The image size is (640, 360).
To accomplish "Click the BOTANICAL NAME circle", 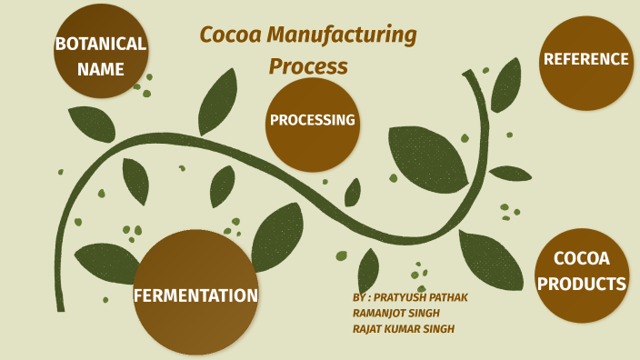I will click(100, 53).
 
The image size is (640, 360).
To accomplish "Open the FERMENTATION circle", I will click(195, 293).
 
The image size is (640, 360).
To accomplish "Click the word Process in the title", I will click(307, 66).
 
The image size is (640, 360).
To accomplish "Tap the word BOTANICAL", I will click(100, 43).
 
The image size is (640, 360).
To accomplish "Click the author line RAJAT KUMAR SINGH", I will click(404, 329).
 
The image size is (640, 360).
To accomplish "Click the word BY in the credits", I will click(359, 297).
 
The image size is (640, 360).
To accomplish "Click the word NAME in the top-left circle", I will click(100, 67).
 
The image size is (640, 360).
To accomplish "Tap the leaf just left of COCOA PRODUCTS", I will click(490, 258).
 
